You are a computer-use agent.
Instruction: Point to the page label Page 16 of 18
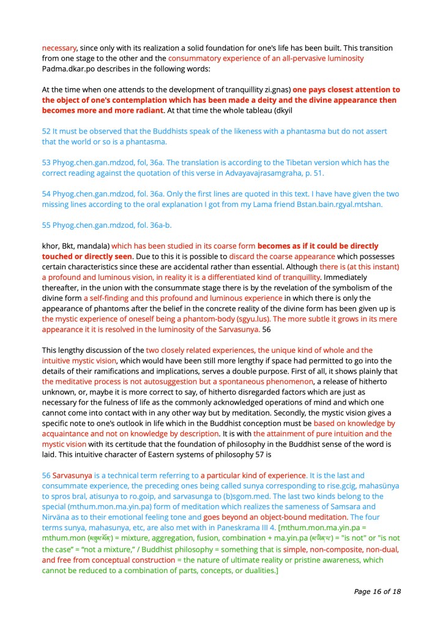(x=376, y=592)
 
